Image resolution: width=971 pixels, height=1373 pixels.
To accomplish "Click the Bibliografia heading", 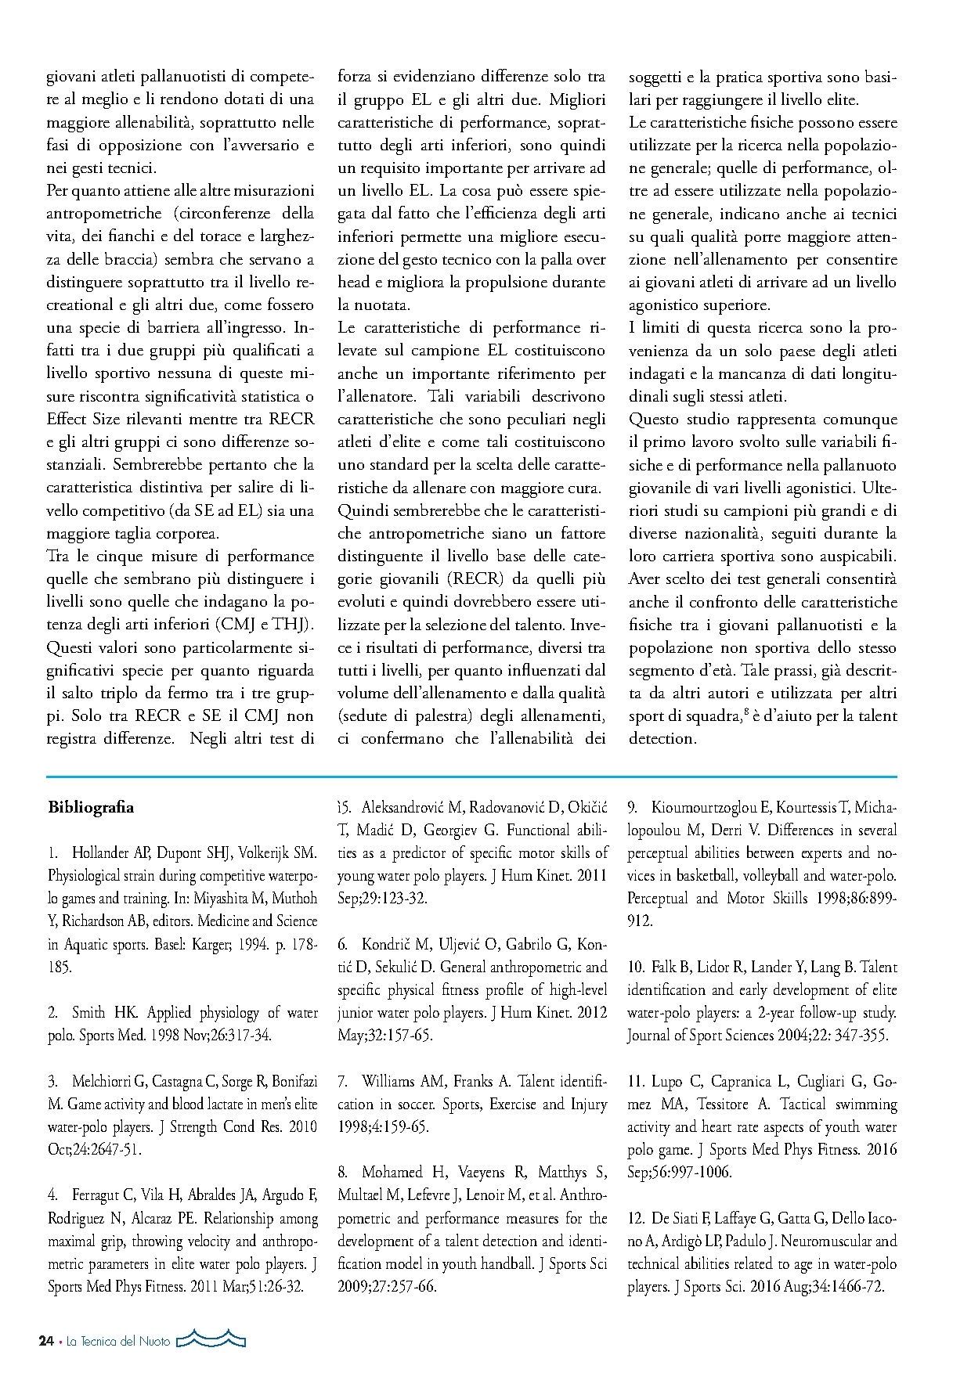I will [x=91, y=807].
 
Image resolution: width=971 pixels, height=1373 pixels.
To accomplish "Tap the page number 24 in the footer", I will [x=46, y=1341].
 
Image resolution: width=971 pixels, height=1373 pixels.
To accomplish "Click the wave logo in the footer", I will [x=211, y=1339].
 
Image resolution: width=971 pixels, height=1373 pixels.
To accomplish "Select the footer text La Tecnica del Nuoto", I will [x=118, y=1341].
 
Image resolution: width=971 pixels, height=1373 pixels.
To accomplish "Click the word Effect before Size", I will [x=67, y=419].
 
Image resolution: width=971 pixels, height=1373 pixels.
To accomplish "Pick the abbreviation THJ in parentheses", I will [x=294, y=625].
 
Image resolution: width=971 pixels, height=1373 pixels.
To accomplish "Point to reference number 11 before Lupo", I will [x=635, y=1081].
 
